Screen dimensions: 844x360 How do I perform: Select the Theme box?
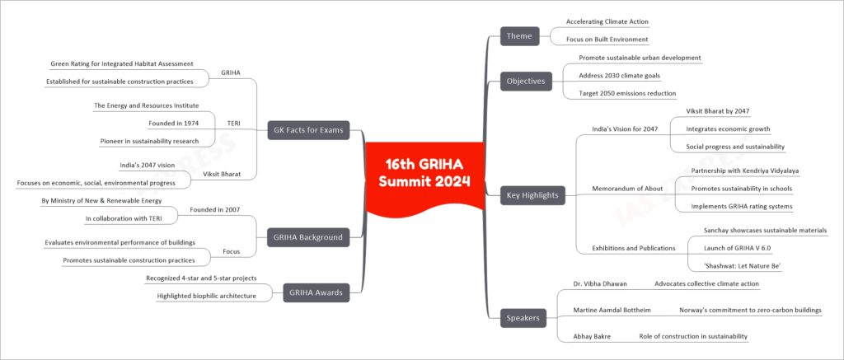point(519,36)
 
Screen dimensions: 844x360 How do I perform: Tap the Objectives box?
point(526,82)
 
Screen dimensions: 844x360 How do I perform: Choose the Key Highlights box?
point(532,195)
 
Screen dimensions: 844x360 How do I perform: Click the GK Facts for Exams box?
point(308,129)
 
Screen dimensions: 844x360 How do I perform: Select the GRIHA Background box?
point(308,237)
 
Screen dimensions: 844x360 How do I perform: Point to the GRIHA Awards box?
point(316,292)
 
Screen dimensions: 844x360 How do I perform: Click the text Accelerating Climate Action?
point(607,21)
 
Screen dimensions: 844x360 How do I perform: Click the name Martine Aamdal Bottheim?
point(612,310)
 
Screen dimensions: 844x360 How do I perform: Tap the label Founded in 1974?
point(173,124)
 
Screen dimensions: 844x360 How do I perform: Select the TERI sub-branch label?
point(233,124)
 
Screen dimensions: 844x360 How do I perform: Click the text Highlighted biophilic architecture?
point(206,296)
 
